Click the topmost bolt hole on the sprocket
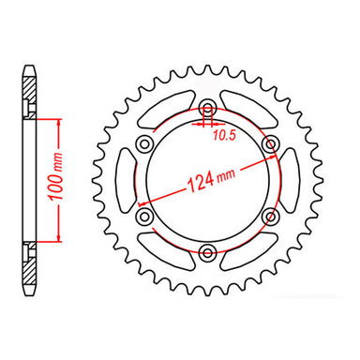[207, 104]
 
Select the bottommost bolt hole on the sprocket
[207, 248]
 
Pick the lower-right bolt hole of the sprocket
[270, 213]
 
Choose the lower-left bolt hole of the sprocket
[144, 213]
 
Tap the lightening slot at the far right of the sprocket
[291, 177]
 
